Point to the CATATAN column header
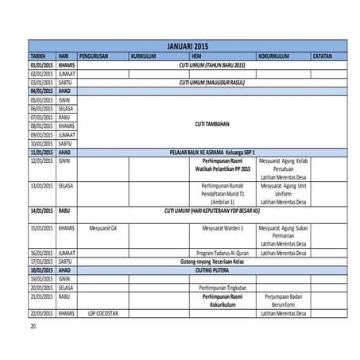[323, 56]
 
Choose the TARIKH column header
[37, 56]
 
